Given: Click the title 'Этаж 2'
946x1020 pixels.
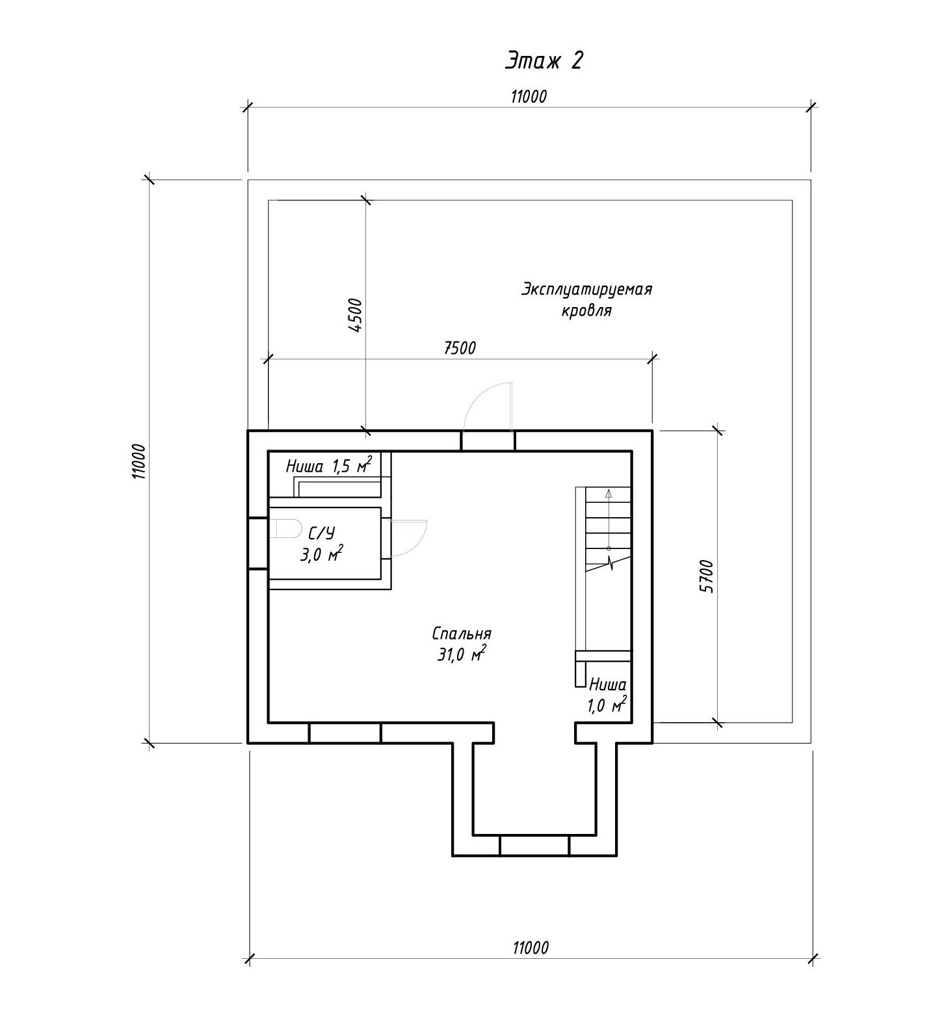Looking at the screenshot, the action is [x=544, y=60].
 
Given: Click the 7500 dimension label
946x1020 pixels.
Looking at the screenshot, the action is [x=460, y=348].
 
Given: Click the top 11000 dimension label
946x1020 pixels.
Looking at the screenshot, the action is [x=529, y=97].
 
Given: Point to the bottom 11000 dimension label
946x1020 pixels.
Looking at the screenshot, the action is [x=530, y=948].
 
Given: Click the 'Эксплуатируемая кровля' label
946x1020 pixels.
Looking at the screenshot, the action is [x=586, y=299].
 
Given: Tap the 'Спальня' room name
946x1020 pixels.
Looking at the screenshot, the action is [x=462, y=634].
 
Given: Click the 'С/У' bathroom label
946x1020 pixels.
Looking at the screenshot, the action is [x=322, y=534].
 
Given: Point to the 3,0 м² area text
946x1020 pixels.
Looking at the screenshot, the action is [x=321, y=555].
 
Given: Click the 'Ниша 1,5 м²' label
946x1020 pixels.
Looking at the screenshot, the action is [x=329, y=466].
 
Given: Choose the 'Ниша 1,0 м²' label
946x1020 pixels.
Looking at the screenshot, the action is [x=608, y=695].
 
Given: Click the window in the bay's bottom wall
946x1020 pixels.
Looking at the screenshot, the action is [x=534, y=846].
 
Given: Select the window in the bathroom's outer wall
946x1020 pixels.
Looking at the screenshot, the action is [x=258, y=543].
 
